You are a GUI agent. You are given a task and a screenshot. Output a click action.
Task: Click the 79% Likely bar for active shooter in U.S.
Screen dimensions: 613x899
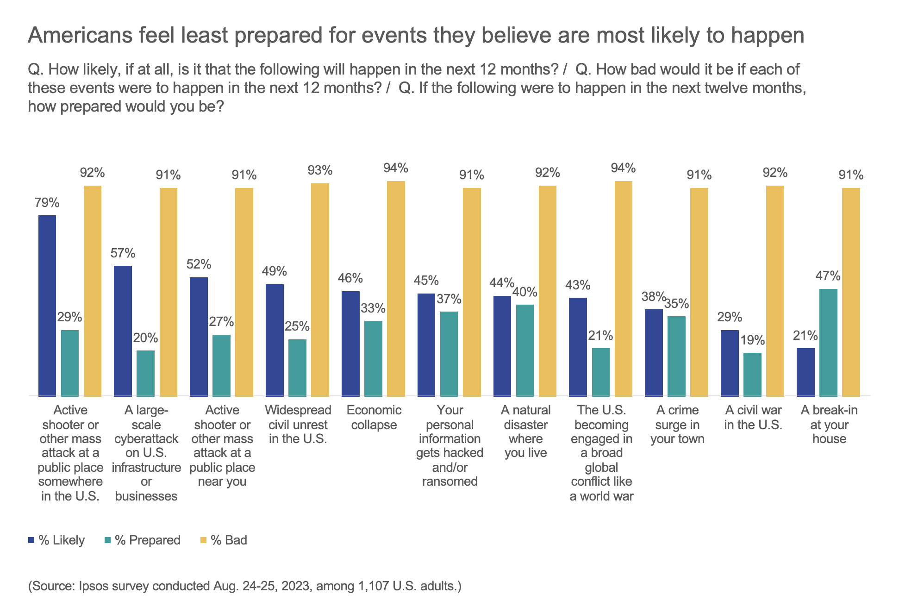pyautogui.click(x=47, y=306)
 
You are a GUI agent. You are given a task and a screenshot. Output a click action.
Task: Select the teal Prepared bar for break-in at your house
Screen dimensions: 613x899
pyautogui.click(x=828, y=343)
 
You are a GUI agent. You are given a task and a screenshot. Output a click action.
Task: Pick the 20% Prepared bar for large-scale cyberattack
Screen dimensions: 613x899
pyautogui.click(x=145, y=373)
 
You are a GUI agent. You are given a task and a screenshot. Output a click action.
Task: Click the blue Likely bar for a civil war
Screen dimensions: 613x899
pyautogui.click(x=730, y=363)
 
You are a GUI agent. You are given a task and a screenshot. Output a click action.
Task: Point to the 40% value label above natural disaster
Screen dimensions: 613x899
pyautogui.click(x=525, y=293)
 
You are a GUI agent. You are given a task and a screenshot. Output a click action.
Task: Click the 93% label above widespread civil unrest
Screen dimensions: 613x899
pyautogui.click(x=320, y=171)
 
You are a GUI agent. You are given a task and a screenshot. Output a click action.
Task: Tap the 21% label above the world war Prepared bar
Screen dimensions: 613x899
pyautogui.click(x=600, y=336)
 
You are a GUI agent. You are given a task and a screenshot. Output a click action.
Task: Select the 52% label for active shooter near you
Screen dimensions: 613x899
pyautogui.click(x=199, y=264)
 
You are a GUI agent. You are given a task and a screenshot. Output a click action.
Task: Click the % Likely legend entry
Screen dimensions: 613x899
pyautogui.click(x=56, y=540)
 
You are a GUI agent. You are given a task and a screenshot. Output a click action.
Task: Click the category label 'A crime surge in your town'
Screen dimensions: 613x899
pyautogui.click(x=677, y=425)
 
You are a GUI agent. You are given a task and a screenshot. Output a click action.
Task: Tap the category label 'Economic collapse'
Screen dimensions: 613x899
pyautogui.click(x=374, y=418)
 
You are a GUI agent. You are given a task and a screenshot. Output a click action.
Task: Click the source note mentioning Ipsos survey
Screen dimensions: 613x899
pyautogui.click(x=245, y=586)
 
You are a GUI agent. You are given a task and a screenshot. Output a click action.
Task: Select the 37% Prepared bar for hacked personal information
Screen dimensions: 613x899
pyautogui.click(x=449, y=354)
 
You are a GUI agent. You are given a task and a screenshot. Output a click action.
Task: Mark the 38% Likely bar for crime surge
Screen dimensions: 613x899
pyautogui.click(x=654, y=352)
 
